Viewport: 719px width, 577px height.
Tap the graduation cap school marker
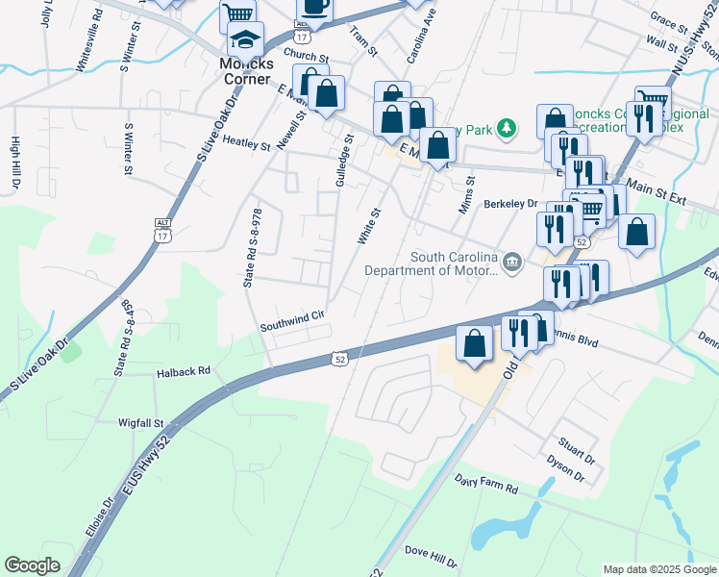pos(245,40)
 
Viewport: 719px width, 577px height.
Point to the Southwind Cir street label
pos(294,327)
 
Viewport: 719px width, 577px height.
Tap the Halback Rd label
pos(184,372)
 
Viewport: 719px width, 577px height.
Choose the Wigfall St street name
pos(142,422)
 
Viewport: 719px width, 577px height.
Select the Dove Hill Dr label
pos(431,551)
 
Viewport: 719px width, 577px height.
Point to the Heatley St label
pos(247,143)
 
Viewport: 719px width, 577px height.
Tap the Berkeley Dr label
pos(510,204)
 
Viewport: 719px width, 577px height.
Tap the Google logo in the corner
pos(32,565)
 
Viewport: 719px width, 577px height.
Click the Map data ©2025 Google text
pos(659,569)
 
